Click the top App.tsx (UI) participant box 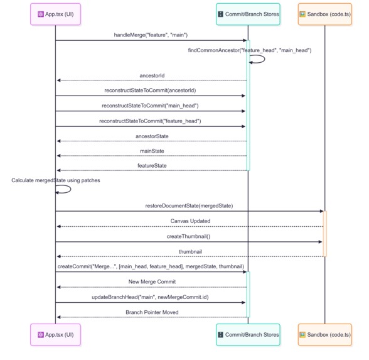click(x=55, y=14)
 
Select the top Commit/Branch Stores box click(x=248, y=14)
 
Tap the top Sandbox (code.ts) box click(x=324, y=14)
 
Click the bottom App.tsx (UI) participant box click(x=55, y=334)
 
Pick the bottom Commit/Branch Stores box click(x=248, y=334)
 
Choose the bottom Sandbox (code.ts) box click(x=324, y=334)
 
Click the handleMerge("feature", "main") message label click(x=151, y=35)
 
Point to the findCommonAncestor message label click(x=249, y=50)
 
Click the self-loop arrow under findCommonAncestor click(x=257, y=60)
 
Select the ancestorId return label click(x=151, y=75)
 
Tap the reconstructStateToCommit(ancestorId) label click(x=151, y=90)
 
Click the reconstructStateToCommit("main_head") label click(x=151, y=106)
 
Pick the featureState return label click(x=151, y=165)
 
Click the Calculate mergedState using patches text click(x=55, y=180)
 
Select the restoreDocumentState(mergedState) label click(x=190, y=205)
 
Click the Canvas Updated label click(x=190, y=221)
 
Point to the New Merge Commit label click(x=151, y=281)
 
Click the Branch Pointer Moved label click(x=151, y=312)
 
